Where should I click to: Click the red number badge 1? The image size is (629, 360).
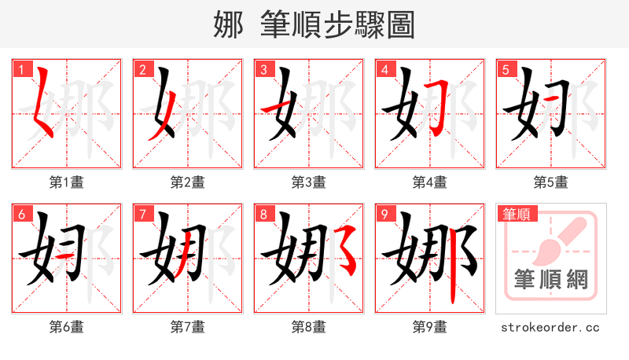tap(21, 70)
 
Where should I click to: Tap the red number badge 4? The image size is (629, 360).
tap(384, 70)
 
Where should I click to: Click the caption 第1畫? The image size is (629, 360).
tap(67, 182)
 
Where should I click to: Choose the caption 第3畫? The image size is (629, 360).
tap(308, 182)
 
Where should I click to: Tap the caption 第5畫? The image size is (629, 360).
tap(550, 182)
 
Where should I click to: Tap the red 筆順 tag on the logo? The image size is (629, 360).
tap(516, 214)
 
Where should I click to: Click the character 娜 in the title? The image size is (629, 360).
tap(229, 24)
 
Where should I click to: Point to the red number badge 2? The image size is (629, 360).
tap(142, 70)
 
